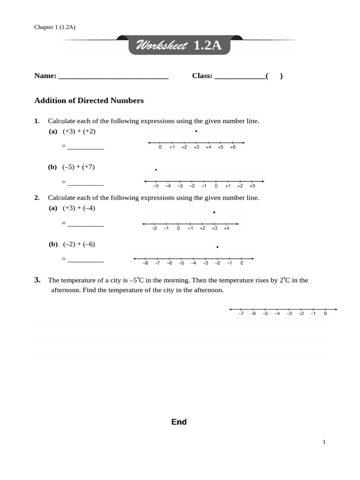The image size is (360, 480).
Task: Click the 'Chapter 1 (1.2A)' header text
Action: pyautogui.click(x=55, y=27)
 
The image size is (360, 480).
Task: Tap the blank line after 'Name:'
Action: pyautogui.click(x=113, y=77)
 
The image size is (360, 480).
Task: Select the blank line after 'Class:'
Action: pyautogui.click(x=240, y=77)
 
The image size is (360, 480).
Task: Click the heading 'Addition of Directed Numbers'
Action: pyautogui.click(x=89, y=100)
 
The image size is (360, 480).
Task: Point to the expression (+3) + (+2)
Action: pyautogui.click(x=79, y=131)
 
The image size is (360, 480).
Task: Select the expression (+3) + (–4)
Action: pyautogui.click(x=79, y=208)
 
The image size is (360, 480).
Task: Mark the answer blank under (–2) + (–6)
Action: pyautogui.click(x=85, y=260)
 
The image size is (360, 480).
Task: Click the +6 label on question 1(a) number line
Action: pyautogui.click(x=232, y=148)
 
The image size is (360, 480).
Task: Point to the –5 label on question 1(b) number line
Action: pyautogui.click(x=156, y=186)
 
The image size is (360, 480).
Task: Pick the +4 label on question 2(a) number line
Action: pyautogui.click(x=226, y=229)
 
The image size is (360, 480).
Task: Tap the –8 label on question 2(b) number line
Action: pyautogui.click(x=145, y=263)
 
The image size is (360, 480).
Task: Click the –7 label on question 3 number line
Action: pyautogui.click(x=241, y=314)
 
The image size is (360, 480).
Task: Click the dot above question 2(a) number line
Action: pyautogui.click(x=214, y=213)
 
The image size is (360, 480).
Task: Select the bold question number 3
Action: pyautogui.click(x=37, y=280)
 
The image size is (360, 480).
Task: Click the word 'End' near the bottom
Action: pyautogui.click(x=179, y=422)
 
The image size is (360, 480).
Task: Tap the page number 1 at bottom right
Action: pyautogui.click(x=323, y=442)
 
